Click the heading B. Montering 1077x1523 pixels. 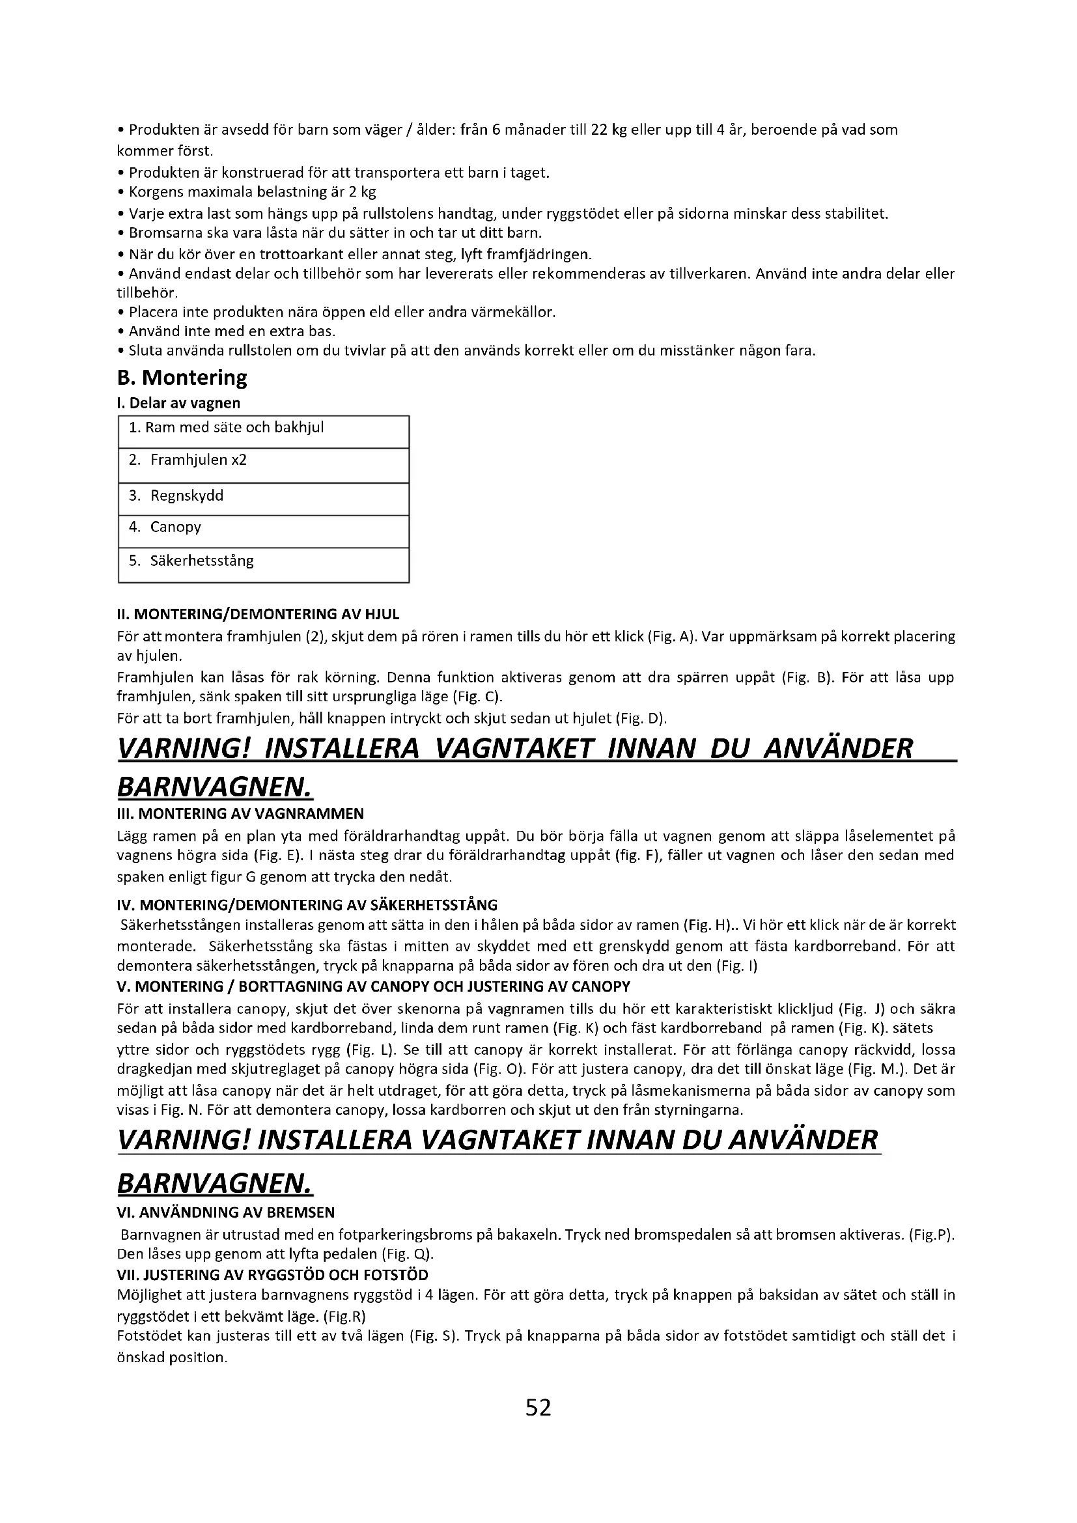click(x=182, y=378)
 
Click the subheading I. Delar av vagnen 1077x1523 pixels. click(x=178, y=403)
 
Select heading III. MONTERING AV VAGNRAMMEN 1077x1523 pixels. click(x=240, y=814)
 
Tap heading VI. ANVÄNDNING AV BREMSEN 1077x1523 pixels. click(x=225, y=1212)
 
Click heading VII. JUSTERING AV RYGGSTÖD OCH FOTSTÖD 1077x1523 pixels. click(x=273, y=1275)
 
